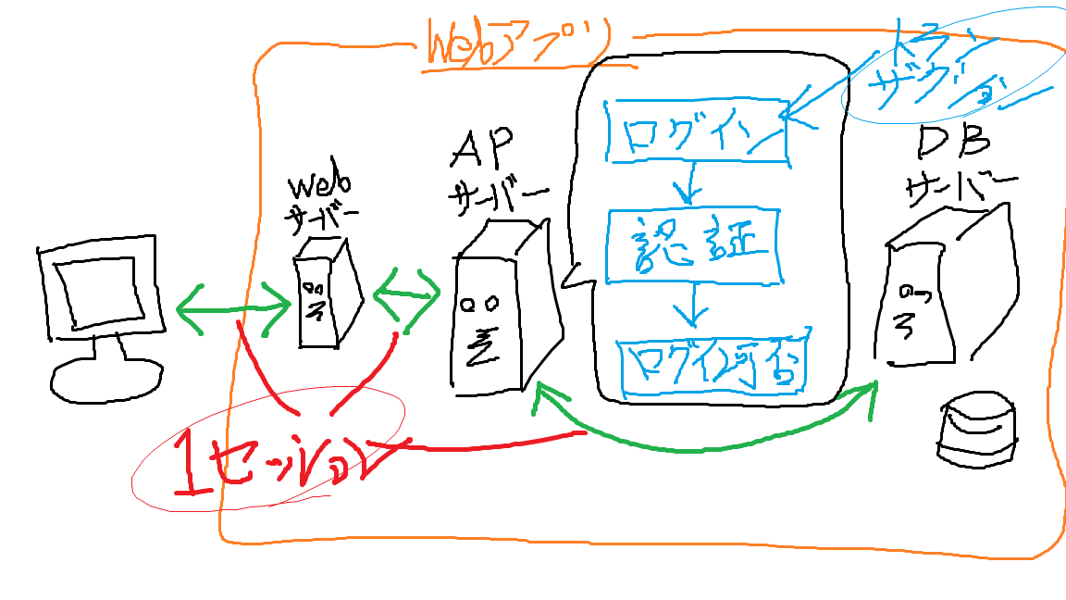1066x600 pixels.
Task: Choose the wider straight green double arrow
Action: (x=233, y=306)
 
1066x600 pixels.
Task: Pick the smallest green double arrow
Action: (x=407, y=294)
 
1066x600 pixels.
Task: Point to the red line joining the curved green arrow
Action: (x=490, y=444)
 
